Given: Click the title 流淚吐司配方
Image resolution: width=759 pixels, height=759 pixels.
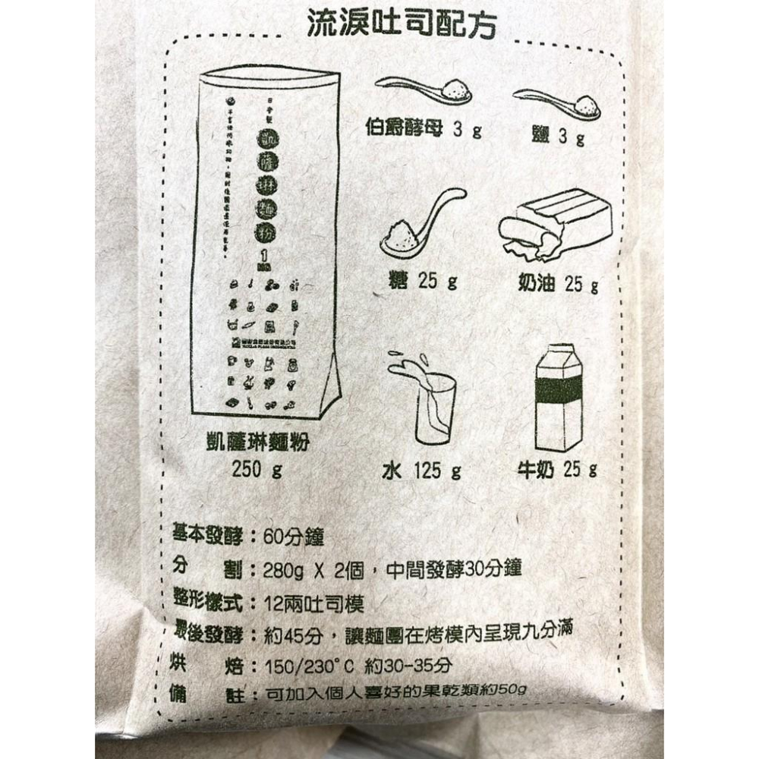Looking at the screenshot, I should point(401,25).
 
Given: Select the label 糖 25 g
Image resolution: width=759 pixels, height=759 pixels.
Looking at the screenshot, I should point(423,282).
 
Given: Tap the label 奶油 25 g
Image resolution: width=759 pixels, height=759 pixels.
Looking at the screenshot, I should point(558,284).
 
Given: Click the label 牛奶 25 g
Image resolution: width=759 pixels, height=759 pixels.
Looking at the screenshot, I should point(557,470).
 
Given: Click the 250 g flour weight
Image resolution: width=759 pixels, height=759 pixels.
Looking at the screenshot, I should point(257,470).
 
